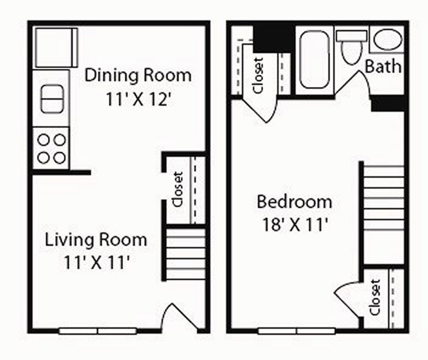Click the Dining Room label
138,75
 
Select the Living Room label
96,240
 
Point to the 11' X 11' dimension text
96,262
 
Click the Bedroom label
294,202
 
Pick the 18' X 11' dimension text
295,225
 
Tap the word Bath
383,66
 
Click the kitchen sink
52,99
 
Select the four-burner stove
51,148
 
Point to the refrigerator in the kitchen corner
56,48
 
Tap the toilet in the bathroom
351,47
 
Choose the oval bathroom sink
387,40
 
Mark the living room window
98,331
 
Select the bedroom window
297,331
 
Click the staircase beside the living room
185,254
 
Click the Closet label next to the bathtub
258,75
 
